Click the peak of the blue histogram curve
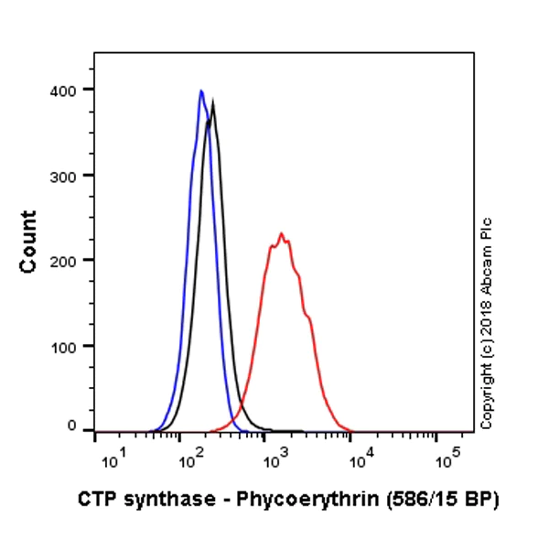pos(200,91)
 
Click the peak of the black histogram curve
pos(213,102)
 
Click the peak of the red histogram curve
pos(281,234)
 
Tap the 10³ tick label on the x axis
pos(274,457)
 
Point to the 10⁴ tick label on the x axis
pos(360,457)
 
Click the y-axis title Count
pos(29,242)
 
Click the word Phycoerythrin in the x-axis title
pos(289,500)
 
